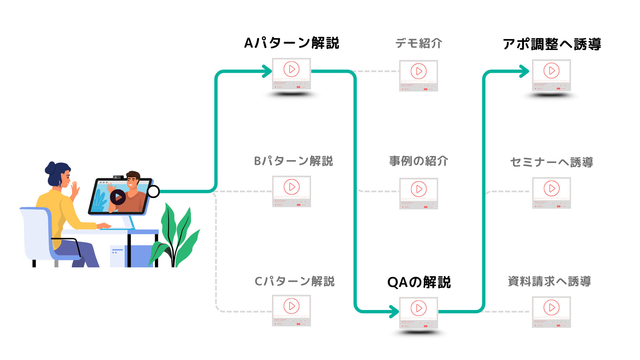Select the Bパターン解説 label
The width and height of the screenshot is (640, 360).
[x=293, y=161]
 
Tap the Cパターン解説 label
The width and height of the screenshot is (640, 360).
[x=294, y=281]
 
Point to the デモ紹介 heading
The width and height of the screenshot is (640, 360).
[x=419, y=43]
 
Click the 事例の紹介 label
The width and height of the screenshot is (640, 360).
[x=419, y=161]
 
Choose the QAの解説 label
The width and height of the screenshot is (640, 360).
[x=419, y=282]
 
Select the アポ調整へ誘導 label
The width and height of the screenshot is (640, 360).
[x=552, y=44]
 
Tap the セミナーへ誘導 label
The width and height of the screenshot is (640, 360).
[x=552, y=162]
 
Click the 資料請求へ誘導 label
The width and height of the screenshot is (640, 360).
[x=549, y=281]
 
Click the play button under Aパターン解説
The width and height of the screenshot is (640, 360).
[x=292, y=69]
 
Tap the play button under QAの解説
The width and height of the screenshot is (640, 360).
[x=419, y=308]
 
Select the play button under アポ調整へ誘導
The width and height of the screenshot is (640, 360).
[x=552, y=71]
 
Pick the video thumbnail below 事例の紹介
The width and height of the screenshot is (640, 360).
[x=419, y=193]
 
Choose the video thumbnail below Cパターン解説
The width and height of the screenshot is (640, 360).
[x=292, y=310]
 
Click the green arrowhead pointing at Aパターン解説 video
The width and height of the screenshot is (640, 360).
[x=268, y=71]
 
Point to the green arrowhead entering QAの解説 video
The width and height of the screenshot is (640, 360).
[x=395, y=312]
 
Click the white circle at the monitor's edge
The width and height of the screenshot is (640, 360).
[x=153, y=191]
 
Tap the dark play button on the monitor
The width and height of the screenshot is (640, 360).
[x=118, y=197]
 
